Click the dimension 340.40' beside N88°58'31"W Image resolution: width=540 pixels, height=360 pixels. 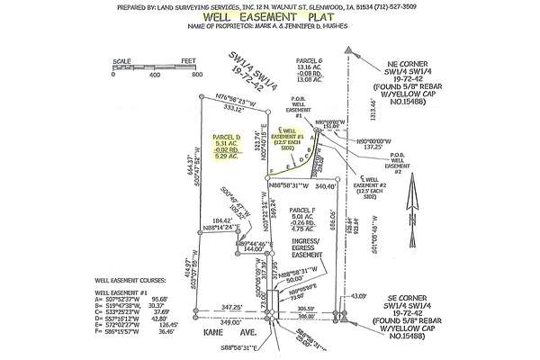pyautogui.click(x=327, y=187)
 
